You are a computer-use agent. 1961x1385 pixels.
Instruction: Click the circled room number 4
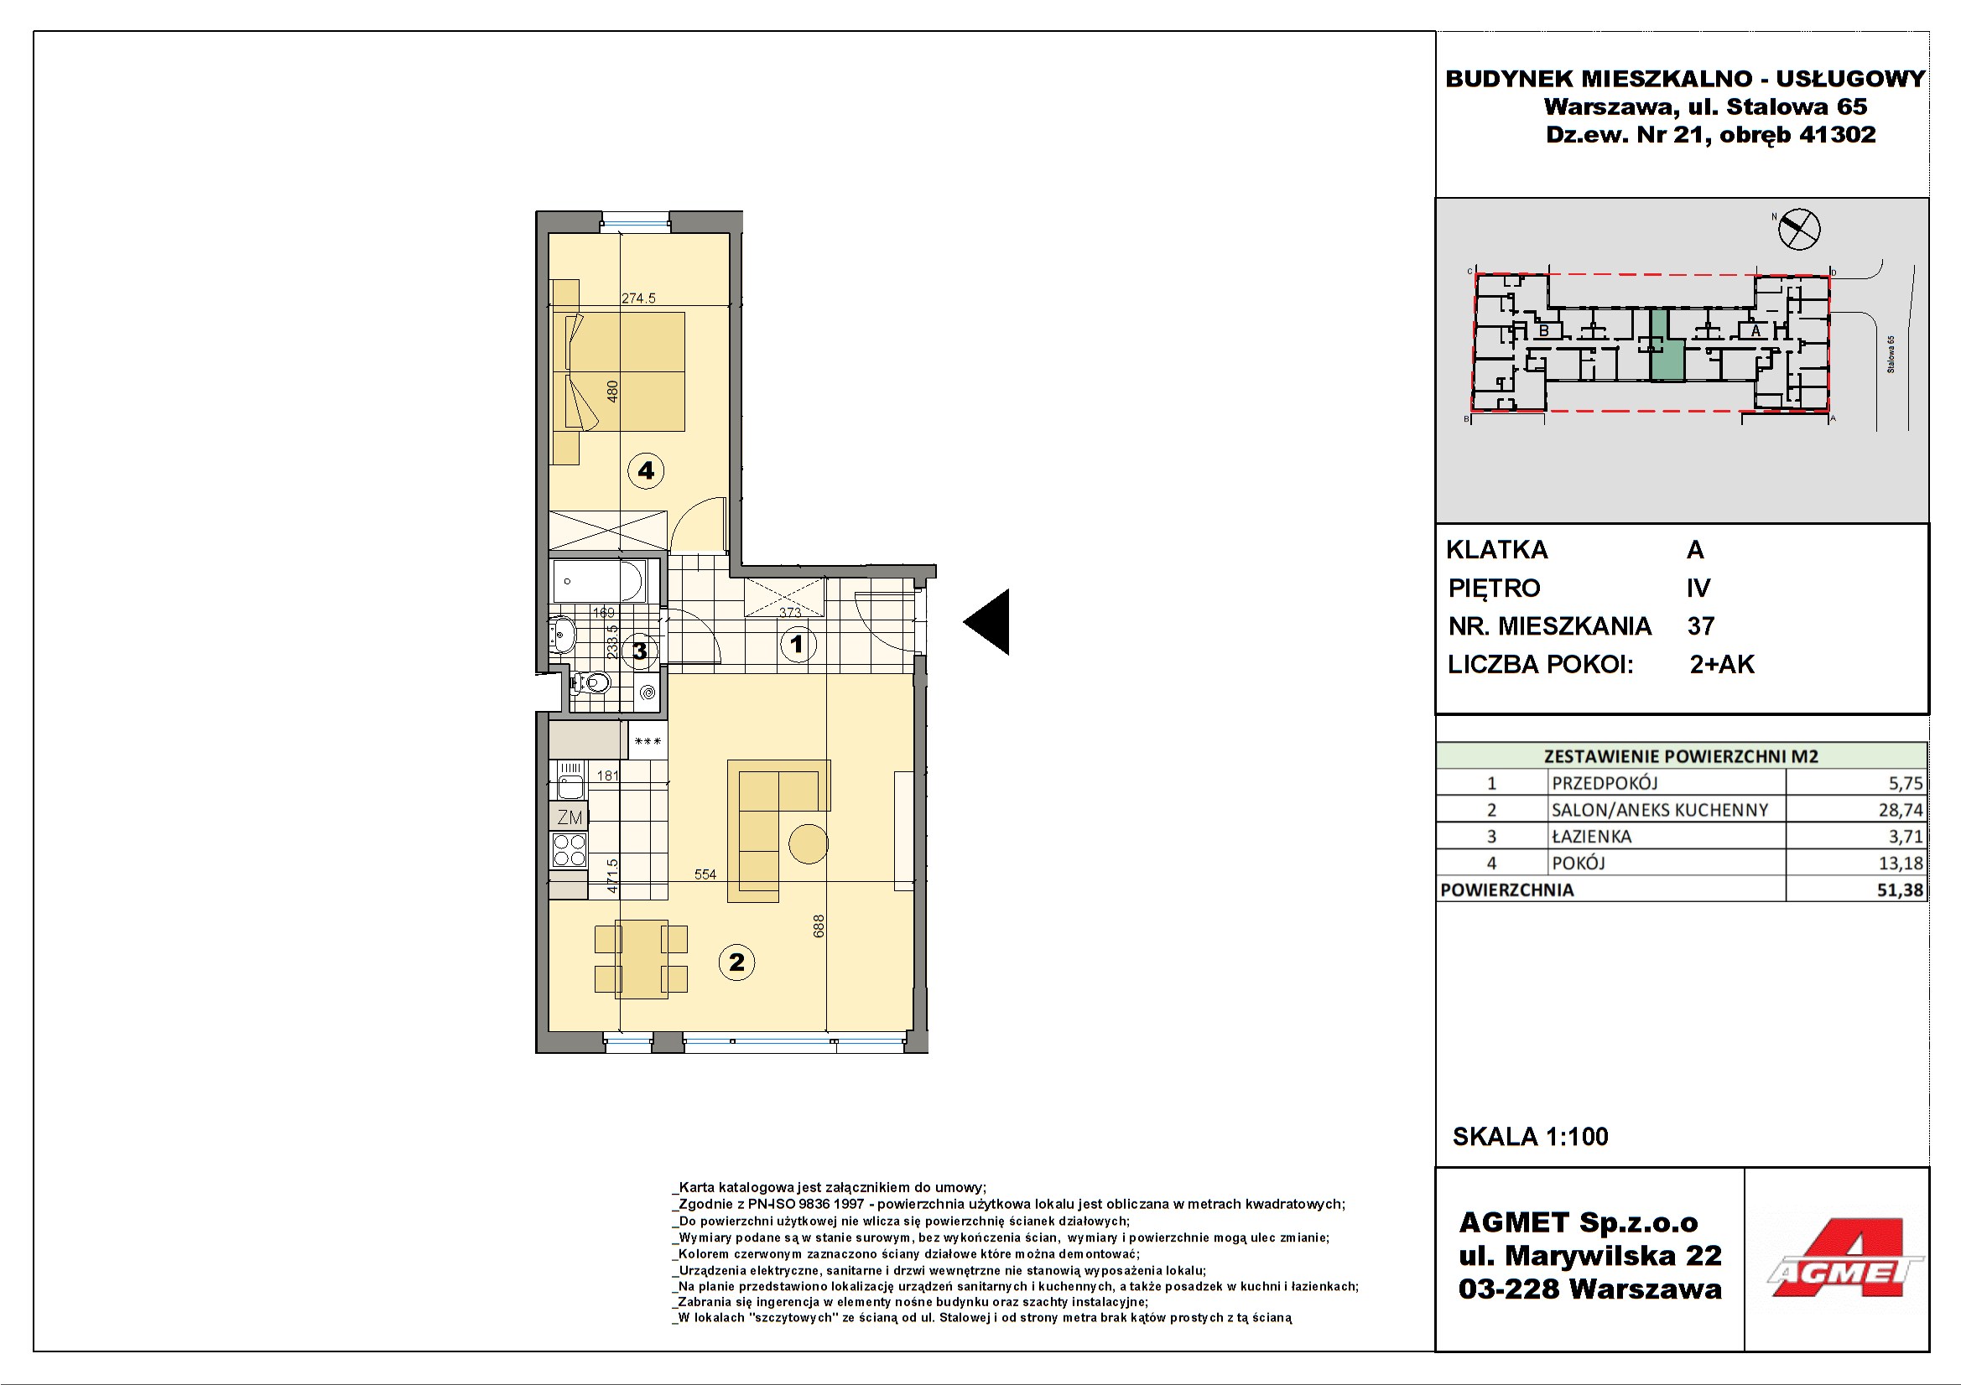[646, 470]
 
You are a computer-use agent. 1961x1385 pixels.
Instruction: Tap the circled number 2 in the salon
[736, 962]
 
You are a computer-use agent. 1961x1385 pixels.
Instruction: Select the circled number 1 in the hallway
[798, 644]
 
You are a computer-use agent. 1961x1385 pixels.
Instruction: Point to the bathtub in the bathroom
[599, 582]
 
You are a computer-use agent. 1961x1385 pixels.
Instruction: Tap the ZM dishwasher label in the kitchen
[570, 817]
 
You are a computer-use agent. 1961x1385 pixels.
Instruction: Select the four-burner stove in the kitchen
[570, 850]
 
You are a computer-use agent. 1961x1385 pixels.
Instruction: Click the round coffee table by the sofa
[808, 843]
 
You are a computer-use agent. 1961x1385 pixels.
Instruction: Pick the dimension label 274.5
[639, 298]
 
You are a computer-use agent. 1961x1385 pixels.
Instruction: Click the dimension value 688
[819, 926]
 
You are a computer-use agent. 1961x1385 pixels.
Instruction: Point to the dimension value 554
[705, 874]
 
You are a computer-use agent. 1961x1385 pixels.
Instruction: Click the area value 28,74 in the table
[1901, 810]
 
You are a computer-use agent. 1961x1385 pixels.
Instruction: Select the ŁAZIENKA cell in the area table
[1591, 836]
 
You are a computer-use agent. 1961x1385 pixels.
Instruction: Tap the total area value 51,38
[1900, 890]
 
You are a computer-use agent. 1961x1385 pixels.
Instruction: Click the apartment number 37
[1700, 626]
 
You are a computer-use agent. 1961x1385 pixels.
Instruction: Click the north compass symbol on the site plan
[1798, 228]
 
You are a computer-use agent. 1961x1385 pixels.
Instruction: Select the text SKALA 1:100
[1530, 1137]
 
